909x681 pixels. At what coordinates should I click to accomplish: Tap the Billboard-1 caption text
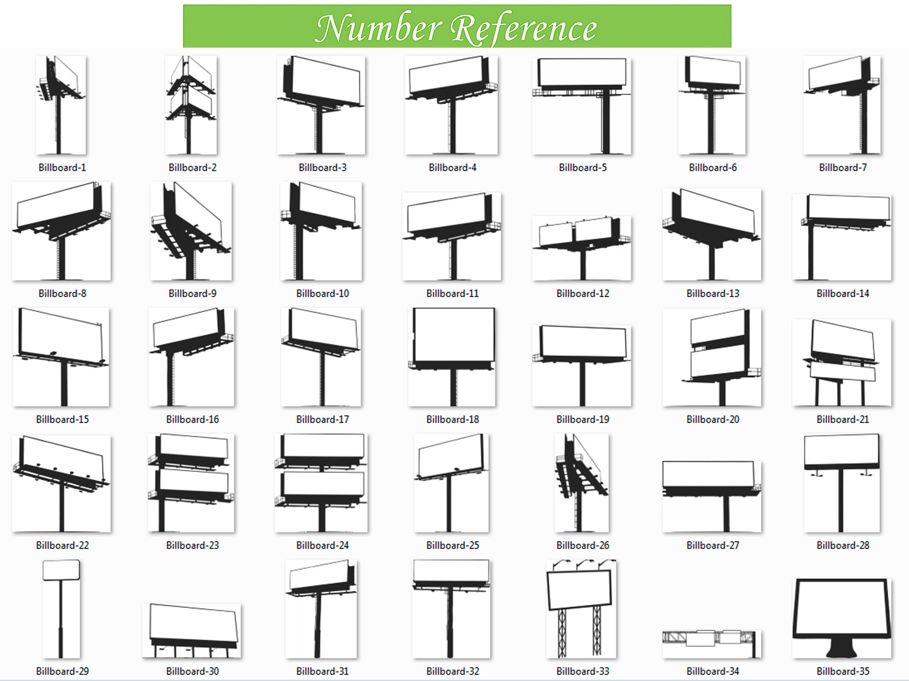tap(62, 168)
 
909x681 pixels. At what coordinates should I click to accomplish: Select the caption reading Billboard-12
tap(583, 293)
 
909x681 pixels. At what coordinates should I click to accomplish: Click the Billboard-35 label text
tap(843, 671)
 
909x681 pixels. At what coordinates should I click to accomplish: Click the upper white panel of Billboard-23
tap(193, 445)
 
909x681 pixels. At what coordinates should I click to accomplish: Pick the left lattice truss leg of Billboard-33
tap(562, 633)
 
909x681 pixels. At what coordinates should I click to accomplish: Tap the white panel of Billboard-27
tap(708, 473)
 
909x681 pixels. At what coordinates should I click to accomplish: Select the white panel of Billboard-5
tap(582, 72)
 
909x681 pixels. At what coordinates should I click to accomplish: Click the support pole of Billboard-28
tap(841, 501)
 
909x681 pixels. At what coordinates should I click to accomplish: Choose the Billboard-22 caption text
tap(62, 545)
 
